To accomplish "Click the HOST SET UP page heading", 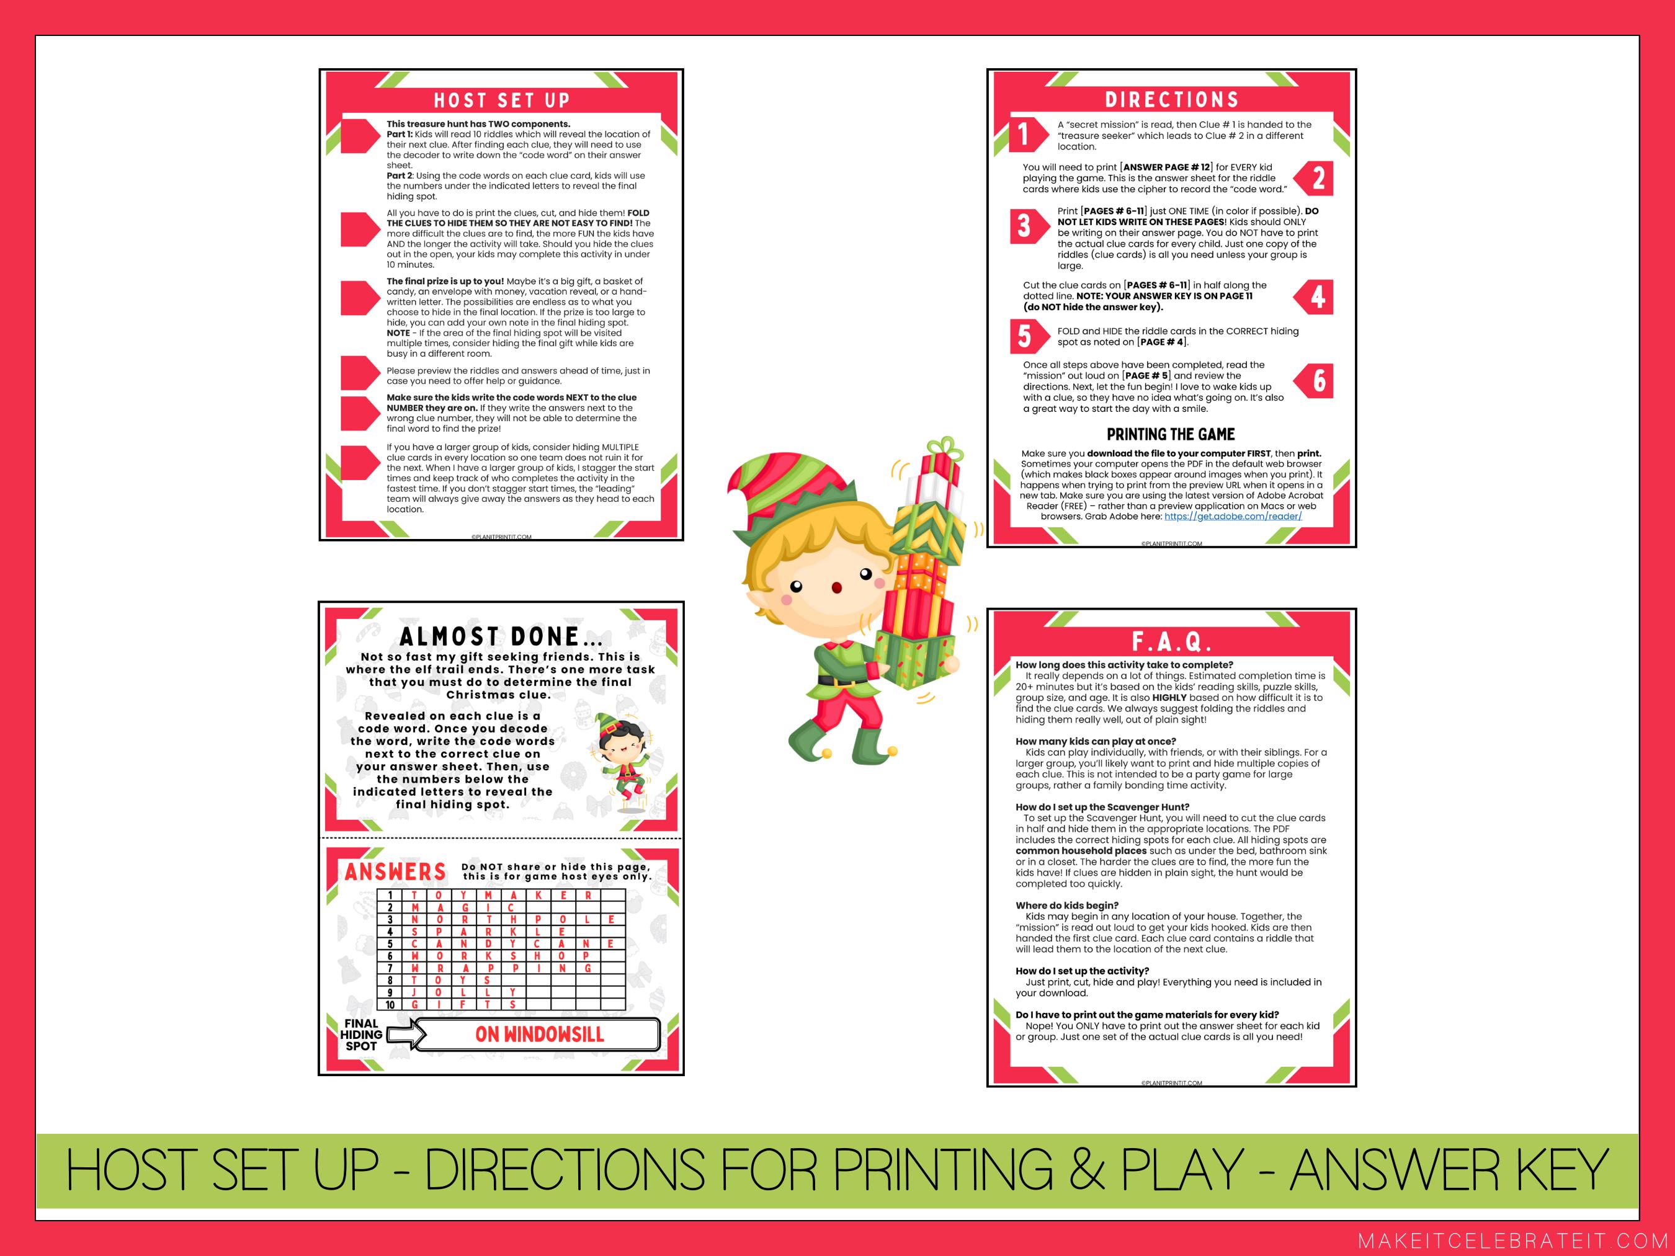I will click(x=501, y=100).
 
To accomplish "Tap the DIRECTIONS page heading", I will click(x=1171, y=99).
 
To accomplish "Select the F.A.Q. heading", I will click(x=1171, y=642).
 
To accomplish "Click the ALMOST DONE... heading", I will click(x=501, y=636).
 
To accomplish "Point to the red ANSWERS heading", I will click(x=395, y=872).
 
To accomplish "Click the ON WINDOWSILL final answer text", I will click(x=539, y=1034).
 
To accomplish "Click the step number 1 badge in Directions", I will click(x=1024, y=135).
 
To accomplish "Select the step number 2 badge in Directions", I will click(x=1318, y=179).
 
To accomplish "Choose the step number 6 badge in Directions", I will click(x=1318, y=380).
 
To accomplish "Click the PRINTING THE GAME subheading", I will click(x=1171, y=435).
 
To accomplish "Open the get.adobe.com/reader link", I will click(x=1233, y=516).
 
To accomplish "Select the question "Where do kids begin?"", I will click(x=1067, y=905).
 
